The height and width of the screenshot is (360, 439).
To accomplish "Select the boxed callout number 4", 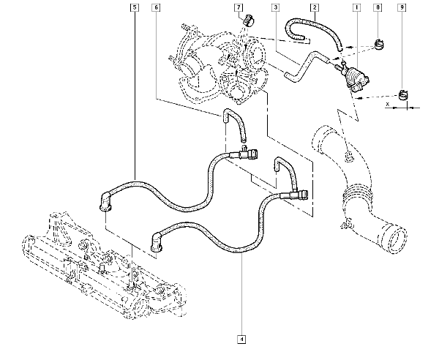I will coord(241,339).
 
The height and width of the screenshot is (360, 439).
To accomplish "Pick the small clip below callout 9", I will coord(402,94).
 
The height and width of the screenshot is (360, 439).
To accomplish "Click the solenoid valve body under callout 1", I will coord(356,76).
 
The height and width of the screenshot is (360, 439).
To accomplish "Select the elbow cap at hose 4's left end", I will coord(156,244).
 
